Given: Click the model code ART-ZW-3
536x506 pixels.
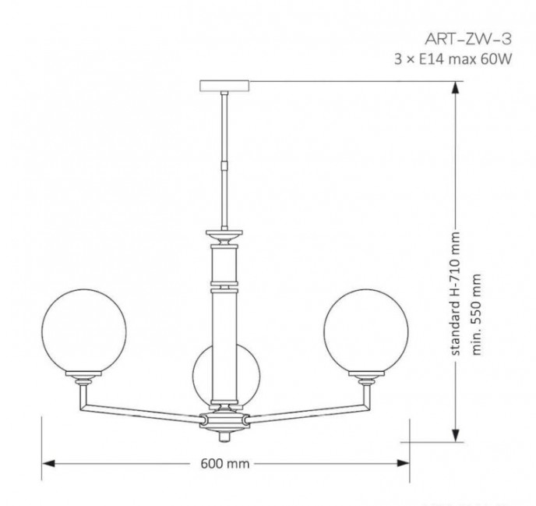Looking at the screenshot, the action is (468, 39).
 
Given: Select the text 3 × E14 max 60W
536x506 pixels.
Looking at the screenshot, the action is (453, 59).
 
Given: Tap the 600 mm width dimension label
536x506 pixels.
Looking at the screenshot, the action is (225, 464).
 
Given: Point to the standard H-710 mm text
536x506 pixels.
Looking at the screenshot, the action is (455, 294).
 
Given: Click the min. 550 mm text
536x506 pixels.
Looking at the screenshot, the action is (476, 315).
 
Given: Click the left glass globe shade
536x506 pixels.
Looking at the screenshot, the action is (84, 331).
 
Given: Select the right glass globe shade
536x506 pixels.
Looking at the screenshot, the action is (366, 331).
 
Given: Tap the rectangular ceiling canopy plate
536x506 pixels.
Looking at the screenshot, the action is (224, 86).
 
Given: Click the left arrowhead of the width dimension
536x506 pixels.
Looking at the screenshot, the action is (48, 464).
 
